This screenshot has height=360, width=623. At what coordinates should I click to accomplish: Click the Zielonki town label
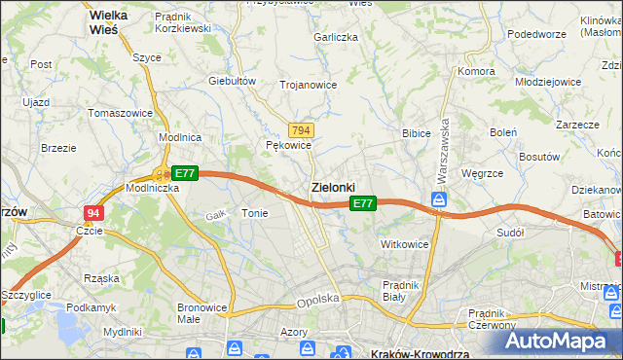[332, 186]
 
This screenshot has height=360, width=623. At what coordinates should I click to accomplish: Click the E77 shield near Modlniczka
[186, 173]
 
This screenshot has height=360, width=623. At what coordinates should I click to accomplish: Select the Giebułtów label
[232, 81]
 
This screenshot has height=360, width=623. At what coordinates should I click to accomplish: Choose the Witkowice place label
[405, 244]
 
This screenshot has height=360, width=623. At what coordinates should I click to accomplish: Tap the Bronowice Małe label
[202, 313]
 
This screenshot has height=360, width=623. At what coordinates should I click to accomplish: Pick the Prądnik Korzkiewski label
[183, 22]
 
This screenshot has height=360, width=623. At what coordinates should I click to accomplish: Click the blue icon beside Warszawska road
[439, 200]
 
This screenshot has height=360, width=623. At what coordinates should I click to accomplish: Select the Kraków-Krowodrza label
[416, 353]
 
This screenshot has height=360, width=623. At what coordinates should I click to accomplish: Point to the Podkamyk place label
[91, 307]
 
